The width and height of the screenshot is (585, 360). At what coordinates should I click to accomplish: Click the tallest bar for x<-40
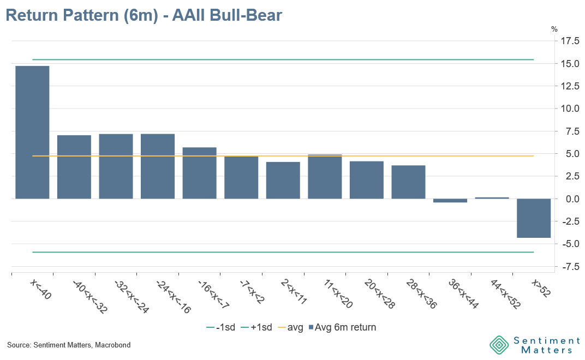[x=32, y=132]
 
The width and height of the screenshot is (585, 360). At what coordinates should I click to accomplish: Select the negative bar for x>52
[x=534, y=218]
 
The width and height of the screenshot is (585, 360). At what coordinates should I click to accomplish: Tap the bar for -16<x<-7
[x=199, y=173]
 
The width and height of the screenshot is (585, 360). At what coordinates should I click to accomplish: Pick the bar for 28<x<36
[x=408, y=182]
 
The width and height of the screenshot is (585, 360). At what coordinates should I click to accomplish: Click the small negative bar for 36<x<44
[x=450, y=201]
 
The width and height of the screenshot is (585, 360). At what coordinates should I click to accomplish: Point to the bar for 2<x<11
[x=283, y=180]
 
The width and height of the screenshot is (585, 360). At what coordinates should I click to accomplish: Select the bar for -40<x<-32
[x=74, y=167]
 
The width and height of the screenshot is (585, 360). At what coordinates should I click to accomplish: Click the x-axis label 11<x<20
[x=337, y=293]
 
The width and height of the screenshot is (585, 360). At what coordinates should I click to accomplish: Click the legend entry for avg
[x=291, y=327]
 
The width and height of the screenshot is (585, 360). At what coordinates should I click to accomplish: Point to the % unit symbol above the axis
[x=554, y=29]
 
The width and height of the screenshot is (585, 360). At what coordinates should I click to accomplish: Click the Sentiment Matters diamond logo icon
[x=499, y=345]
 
